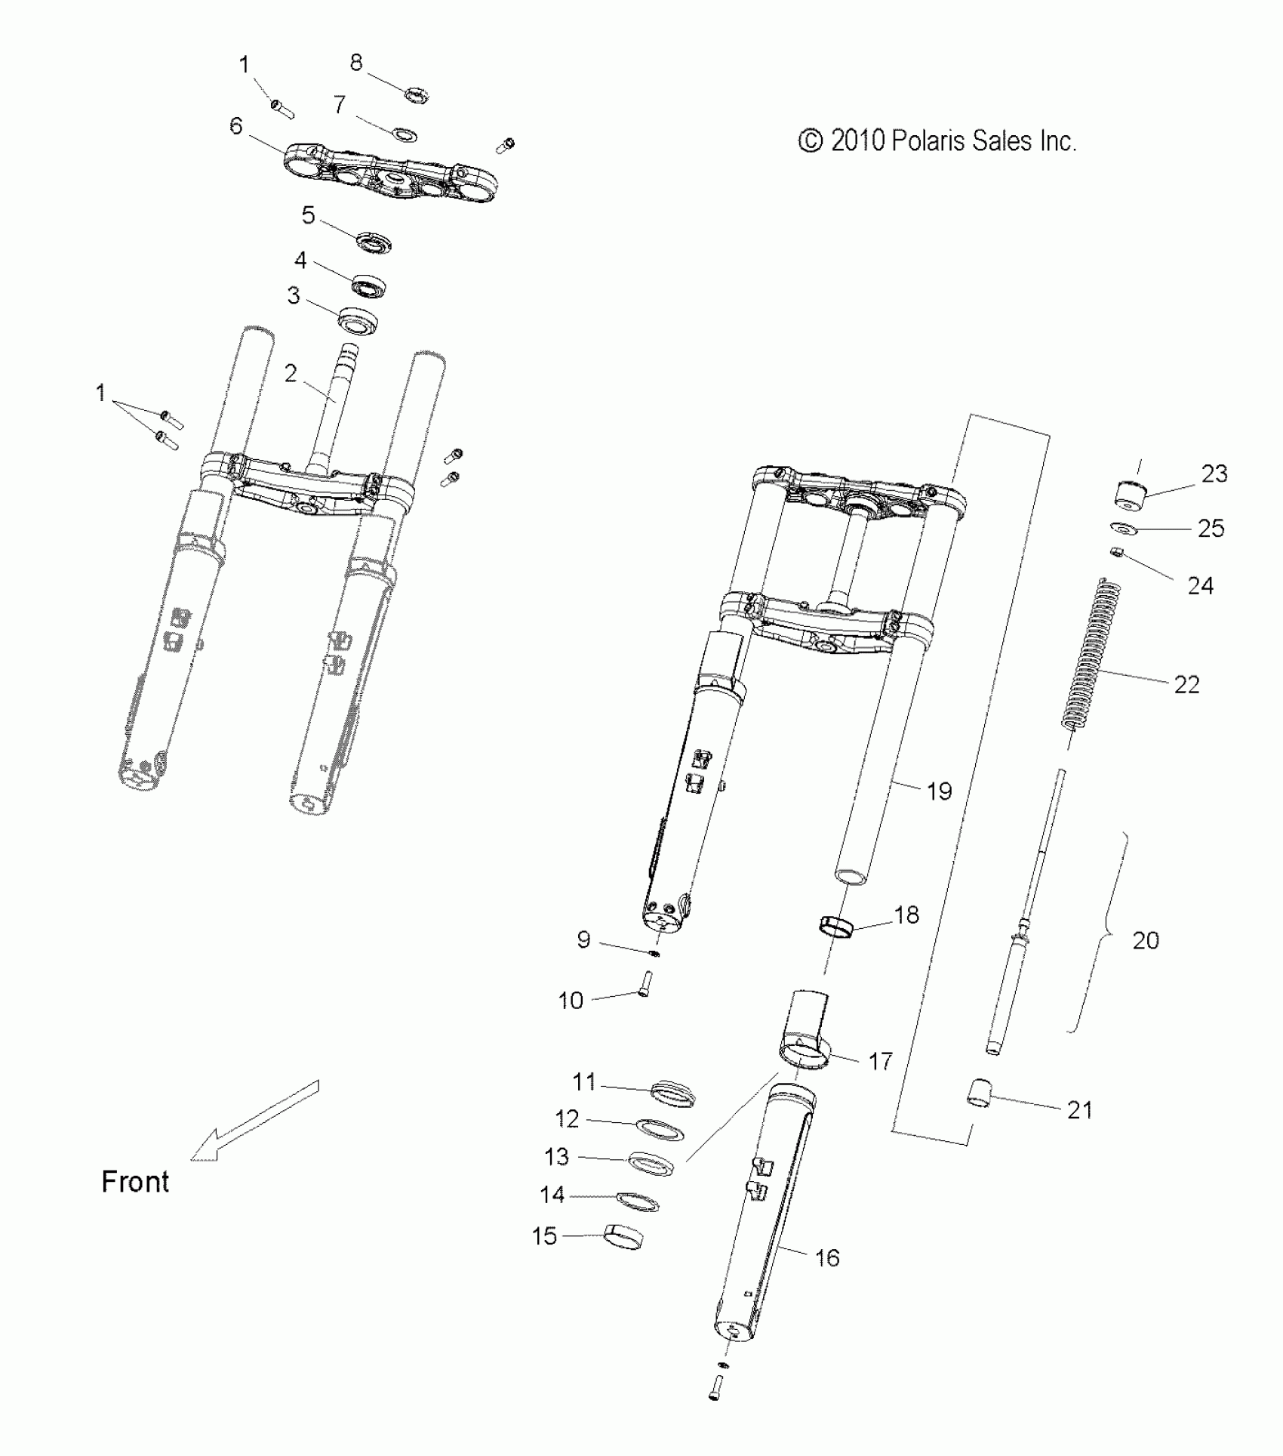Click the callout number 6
point(236,125)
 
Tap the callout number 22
point(1186,684)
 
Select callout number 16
point(827,1257)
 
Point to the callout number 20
point(1146,940)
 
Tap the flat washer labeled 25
point(1123,528)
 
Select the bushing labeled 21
point(980,1093)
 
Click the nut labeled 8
point(416,96)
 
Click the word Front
point(135,1181)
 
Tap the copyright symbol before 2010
point(811,141)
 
